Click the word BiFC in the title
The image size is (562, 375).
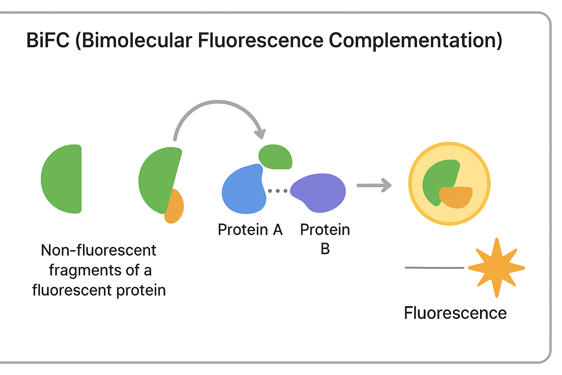(x=48, y=40)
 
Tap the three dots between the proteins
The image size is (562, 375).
(x=278, y=191)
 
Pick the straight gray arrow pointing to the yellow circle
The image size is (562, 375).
(x=374, y=185)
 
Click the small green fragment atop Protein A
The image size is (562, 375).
(x=275, y=156)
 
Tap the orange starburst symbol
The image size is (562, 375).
(x=496, y=268)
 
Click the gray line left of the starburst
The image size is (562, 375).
(x=434, y=268)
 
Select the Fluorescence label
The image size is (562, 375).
(x=455, y=313)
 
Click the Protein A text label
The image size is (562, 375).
(x=250, y=230)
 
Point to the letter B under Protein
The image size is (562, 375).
(x=325, y=249)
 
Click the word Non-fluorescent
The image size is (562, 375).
(x=98, y=250)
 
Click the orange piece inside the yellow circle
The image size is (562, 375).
(x=456, y=197)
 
